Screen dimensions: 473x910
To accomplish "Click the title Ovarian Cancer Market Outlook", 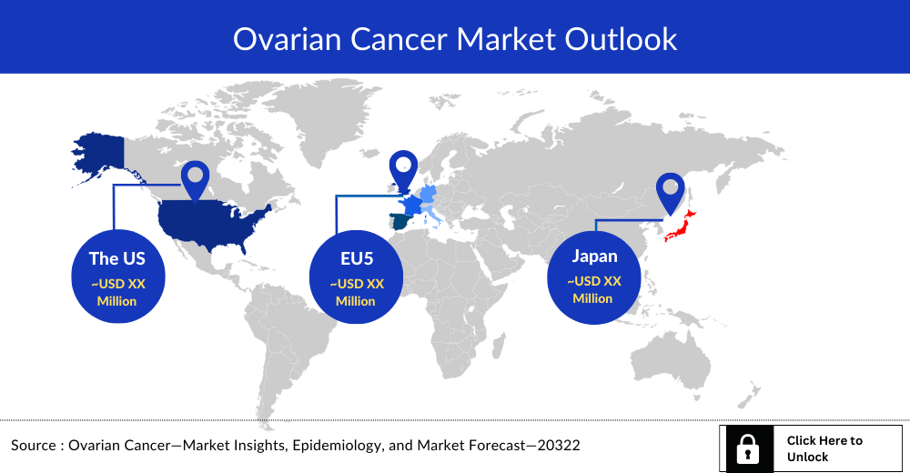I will (x=455, y=38).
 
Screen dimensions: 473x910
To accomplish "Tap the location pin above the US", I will (x=195, y=177).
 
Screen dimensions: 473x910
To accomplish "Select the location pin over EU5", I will (x=402, y=168).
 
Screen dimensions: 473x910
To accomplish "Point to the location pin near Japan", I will (x=671, y=188).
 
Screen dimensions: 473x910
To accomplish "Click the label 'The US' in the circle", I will (x=117, y=258).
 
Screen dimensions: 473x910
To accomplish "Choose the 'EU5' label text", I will (x=357, y=258).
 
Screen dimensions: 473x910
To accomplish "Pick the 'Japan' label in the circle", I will (x=594, y=256).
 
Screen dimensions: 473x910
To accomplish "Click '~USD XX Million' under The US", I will (x=117, y=292).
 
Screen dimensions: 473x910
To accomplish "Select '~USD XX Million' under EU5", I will (x=357, y=292).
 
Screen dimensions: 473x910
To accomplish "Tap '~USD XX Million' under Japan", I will (x=594, y=289).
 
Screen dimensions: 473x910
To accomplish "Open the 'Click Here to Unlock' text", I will (x=824, y=448).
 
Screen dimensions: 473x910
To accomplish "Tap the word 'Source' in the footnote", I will (x=34, y=446).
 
